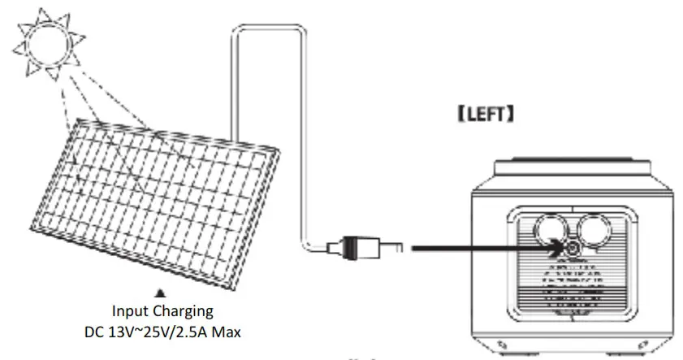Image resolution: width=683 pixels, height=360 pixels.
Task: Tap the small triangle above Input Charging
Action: pyautogui.click(x=161, y=291)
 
